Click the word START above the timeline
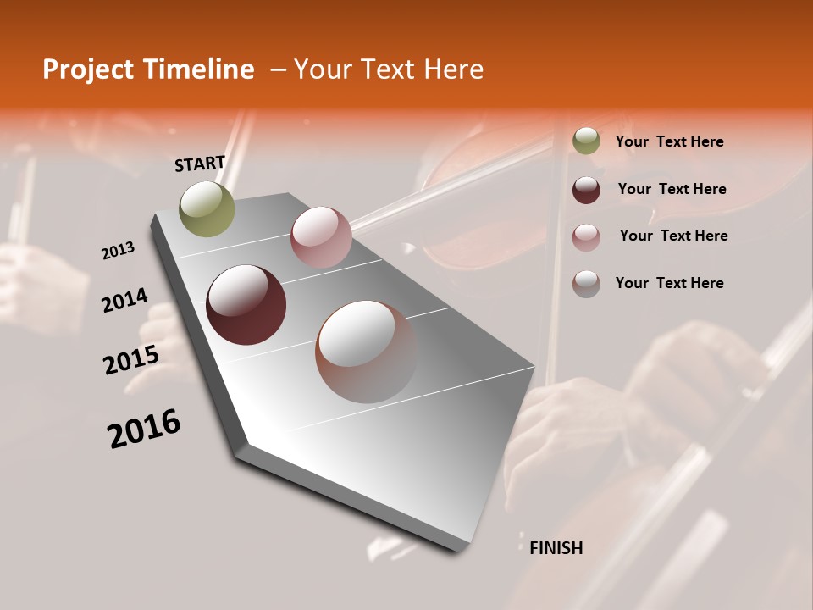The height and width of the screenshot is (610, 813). [200, 164]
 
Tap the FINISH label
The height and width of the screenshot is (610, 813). [556, 548]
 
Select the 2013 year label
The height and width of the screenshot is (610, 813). [118, 251]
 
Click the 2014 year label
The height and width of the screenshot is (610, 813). [124, 300]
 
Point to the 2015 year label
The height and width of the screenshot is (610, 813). [131, 360]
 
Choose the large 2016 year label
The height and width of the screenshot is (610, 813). [144, 429]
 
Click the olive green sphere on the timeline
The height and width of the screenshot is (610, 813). [207, 208]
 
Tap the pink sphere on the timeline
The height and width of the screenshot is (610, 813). [321, 237]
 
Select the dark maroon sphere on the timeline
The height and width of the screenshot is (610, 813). [246, 305]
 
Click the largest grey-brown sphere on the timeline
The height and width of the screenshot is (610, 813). [366, 352]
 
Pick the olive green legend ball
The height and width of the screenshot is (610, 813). [586, 141]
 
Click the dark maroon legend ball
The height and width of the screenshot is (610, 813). [586, 190]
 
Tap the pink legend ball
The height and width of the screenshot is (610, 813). [586, 237]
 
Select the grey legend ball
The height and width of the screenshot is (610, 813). [586, 284]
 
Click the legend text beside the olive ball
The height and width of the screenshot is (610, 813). [669, 141]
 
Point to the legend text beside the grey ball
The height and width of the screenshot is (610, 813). [669, 283]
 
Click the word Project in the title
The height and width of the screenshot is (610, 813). [88, 69]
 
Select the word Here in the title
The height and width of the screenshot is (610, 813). [453, 69]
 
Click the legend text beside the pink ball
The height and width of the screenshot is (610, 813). [673, 236]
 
